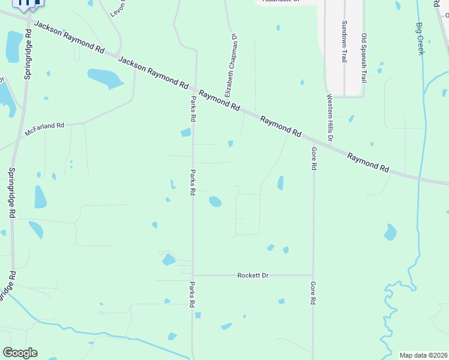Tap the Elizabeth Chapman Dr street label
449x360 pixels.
point(231,65)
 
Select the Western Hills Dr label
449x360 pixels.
point(330,118)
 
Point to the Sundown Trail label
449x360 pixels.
point(345,38)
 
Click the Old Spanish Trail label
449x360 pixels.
point(364,58)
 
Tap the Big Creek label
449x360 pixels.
point(420,38)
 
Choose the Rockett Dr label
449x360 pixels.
point(253,275)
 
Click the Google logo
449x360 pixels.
point(20,353)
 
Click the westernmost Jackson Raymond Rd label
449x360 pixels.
point(65,37)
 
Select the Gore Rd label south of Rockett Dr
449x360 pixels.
point(313,295)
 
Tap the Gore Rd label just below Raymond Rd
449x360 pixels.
point(313,158)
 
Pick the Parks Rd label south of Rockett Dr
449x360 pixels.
point(193,295)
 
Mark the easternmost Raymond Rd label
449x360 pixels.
point(369,163)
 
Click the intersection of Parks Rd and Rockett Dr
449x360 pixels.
point(193,275)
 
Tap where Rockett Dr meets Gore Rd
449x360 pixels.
point(313,275)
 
